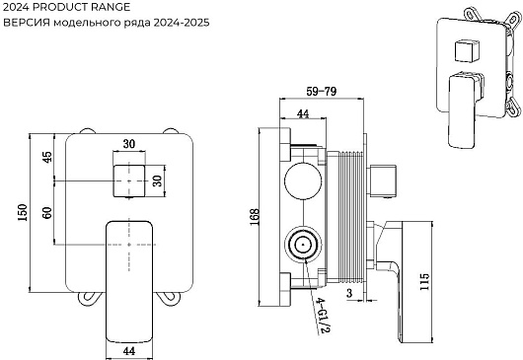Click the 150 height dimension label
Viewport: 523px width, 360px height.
[x=23, y=213]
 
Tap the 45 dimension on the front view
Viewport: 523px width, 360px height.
[x=47, y=157]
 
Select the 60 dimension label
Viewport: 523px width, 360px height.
[x=47, y=213]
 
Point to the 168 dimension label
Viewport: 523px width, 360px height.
[x=255, y=217]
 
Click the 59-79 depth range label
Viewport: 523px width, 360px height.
[x=322, y=92]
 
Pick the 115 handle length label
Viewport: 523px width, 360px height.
[x=424, y=281]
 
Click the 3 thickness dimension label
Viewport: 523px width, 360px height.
[x=349, y=293]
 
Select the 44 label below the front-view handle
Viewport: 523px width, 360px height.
[x=129, y=351]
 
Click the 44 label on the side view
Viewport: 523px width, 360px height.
[x=303, y=113]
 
